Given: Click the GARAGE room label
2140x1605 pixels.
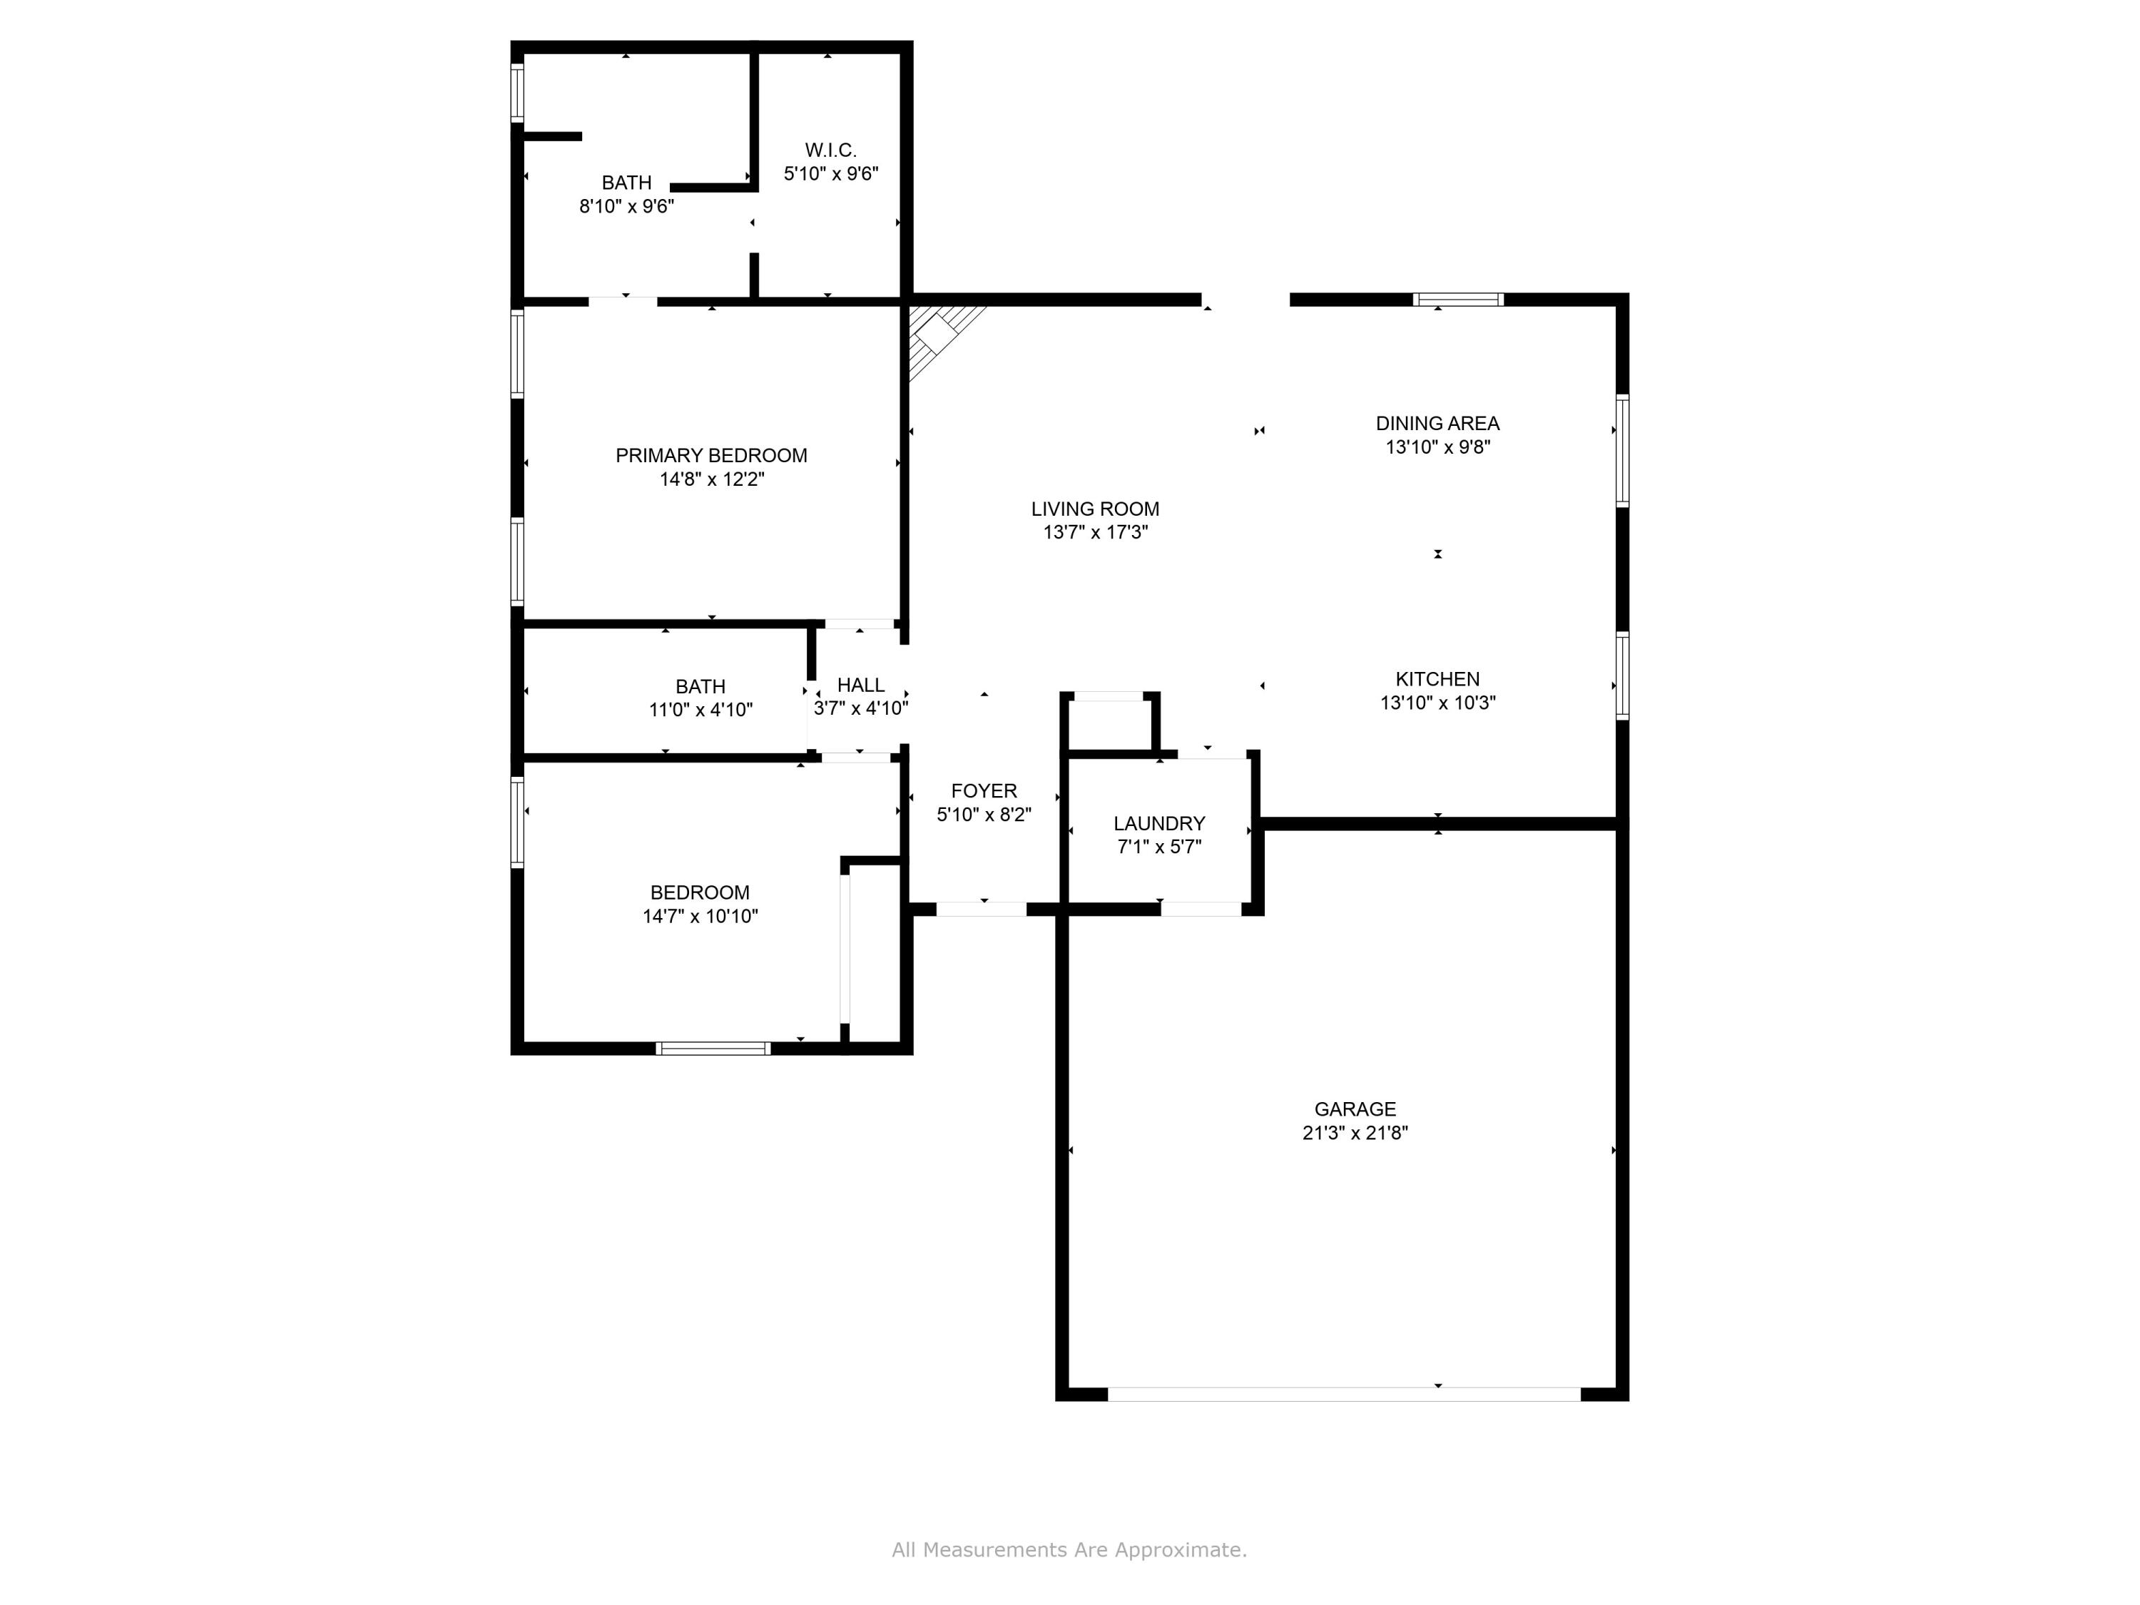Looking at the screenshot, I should [x=1355, y=1109].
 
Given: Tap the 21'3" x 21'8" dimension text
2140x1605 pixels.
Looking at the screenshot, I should [x=1355, y=1133].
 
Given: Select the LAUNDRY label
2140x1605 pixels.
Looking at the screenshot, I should [x=1159, y=823].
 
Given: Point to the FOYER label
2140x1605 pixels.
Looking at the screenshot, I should [x=984, y=790].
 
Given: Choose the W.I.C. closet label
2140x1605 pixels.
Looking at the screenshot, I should [x=830, y=150].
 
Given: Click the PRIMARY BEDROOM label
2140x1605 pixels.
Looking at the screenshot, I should [x=711, y=454].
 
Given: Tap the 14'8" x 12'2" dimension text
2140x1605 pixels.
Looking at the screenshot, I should [x=711, y=479].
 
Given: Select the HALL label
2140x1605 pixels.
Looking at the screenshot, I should [x=860, y=685].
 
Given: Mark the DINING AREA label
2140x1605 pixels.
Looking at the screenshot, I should [x=1437, y=423].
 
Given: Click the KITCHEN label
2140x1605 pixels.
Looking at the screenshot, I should [x=1437, y=679].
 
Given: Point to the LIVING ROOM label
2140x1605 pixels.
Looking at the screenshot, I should [x=1095, y=509].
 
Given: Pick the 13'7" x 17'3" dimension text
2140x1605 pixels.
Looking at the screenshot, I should [x=1095, y=532].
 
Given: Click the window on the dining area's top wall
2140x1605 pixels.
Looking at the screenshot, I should [x=1458, y=300].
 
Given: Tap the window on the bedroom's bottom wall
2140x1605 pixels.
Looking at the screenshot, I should [x=713, y=1049].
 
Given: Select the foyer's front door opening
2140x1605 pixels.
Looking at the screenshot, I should [x=981, y=909].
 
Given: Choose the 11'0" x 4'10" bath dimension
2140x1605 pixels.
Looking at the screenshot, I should [x=700, y=710].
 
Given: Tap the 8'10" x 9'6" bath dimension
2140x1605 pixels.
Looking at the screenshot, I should [x=626, y=206].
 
